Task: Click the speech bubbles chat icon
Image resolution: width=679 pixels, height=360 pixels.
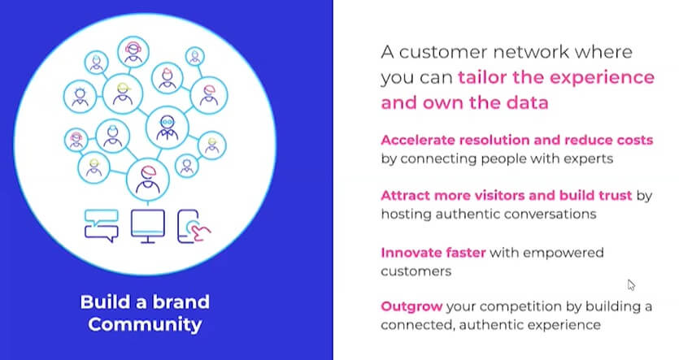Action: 102,225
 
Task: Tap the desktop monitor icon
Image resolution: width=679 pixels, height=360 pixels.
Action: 148,226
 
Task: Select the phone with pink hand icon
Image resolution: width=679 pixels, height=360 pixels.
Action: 194,226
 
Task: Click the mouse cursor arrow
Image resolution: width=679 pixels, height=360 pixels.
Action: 631,285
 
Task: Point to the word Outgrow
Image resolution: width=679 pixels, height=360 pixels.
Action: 411,306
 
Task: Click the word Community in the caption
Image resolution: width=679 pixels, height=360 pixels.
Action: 145,324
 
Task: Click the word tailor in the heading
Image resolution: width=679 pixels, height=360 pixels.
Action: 482,77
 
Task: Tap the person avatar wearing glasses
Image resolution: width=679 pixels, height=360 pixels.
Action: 168,128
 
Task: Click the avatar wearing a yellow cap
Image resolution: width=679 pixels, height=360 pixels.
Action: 123,93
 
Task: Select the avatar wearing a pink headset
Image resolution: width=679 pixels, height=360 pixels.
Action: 133,52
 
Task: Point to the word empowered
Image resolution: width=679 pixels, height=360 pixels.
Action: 564,253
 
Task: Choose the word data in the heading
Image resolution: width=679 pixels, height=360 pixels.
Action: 529,102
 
